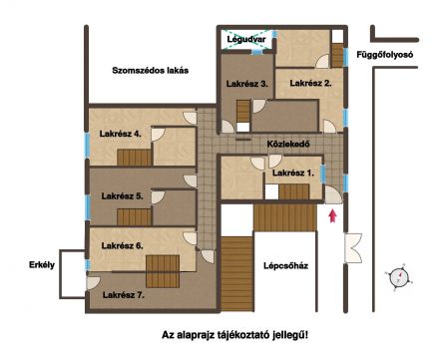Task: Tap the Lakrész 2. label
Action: pyautogui.click(x=311, y=83)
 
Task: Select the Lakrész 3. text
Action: pyautogui.click(x=245, y=84)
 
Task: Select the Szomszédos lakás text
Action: pyautogui.click(x=152, y=71)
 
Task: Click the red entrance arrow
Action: pyautogui.click(x=333, y=214)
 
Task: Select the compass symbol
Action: pyautogui.click(x=400, y=277)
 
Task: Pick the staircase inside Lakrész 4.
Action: pyautogui.click(x=135, y=155)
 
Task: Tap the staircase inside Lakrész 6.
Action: pyautogui.click(x=160, y=269)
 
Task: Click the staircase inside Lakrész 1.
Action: pyautogui.click(x=293, y=191)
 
